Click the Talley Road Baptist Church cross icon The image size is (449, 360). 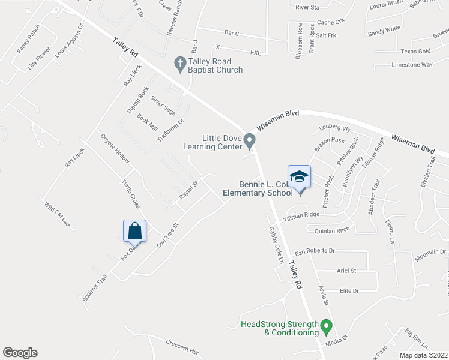coord(179,62)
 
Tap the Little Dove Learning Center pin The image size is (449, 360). coord(251,139)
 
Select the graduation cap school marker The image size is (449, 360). coord(299,177)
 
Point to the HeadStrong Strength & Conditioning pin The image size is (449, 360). coord(326,328)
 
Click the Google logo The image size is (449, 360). coord(20,353)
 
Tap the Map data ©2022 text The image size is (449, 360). coord(415,355)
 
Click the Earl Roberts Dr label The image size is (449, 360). coord(314,250)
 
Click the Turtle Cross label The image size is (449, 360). coord(131,193)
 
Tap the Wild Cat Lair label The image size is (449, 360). coord(58,215)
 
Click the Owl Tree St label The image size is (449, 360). coord(168,236)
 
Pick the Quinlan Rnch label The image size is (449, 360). coord(327,229)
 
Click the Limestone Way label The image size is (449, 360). coord(412,64)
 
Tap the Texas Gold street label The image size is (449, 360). coord(417,52)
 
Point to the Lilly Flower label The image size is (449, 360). coord(39,62)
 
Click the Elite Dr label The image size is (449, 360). coord(349,290)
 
